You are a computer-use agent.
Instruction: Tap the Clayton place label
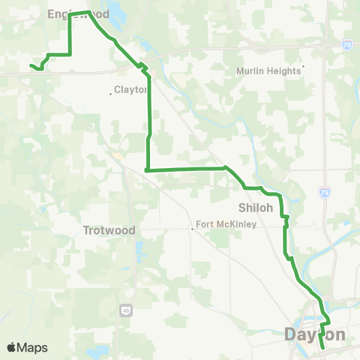131,90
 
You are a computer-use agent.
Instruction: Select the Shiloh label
253,207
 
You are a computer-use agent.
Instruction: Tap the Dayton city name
315,334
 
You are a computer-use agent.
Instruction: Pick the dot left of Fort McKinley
193,229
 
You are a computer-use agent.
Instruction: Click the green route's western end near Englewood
31,66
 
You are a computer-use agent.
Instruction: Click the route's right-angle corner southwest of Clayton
146,170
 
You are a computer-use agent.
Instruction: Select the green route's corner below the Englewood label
70,54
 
